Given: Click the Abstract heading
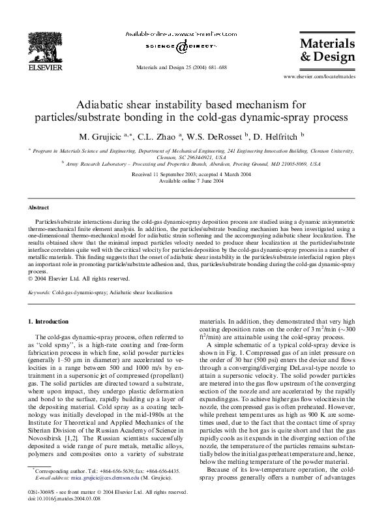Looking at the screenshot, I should pyautogui.click(x=39, y=207).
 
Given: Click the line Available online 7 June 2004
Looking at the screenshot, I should pyautogui.click(x=194, y=181).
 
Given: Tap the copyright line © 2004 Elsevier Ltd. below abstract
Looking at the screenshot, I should pyautogui.click(x=79, y=279).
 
